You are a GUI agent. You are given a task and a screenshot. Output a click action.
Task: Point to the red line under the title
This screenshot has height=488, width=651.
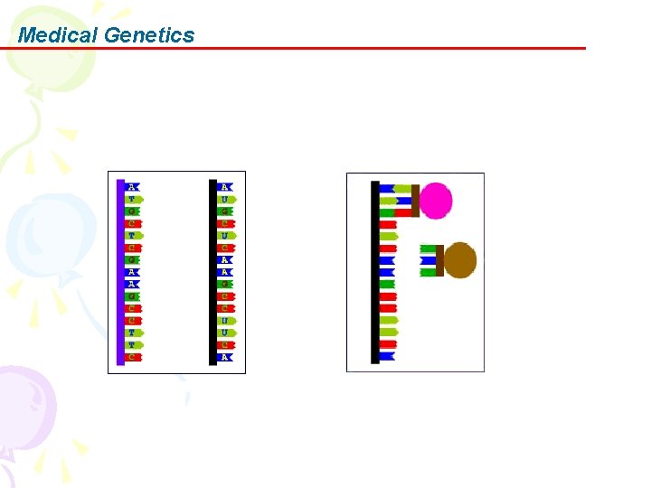click(362, 48)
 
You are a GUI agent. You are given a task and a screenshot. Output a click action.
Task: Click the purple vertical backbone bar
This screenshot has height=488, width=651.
click(120, 271)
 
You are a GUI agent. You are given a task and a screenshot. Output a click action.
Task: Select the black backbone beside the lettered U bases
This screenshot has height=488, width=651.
click(213, 271)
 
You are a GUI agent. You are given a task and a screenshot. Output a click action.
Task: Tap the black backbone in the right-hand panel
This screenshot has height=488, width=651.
click(375, 271)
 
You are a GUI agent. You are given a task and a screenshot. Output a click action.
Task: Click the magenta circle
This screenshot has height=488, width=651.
click(436, 201)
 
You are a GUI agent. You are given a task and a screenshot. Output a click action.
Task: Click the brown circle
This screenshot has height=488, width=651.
click(459, 260)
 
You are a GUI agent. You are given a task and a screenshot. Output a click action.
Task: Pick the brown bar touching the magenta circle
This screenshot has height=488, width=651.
click(415, 201)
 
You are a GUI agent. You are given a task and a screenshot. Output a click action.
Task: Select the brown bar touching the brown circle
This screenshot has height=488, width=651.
click(439, 260)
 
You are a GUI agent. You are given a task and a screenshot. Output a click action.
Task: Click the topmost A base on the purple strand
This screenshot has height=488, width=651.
click(133, 187)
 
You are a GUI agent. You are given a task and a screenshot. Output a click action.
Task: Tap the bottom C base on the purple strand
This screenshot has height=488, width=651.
click(133, 357)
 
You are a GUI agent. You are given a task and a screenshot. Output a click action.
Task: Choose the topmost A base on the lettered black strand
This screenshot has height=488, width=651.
click(225, 187)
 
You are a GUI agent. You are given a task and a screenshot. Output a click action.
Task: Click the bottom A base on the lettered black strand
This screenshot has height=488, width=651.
click(225, 357)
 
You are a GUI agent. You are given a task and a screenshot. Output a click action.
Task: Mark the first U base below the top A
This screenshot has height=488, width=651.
click(225, 199)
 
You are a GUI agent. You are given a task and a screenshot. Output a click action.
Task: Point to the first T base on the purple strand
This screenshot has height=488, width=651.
click(133, 199)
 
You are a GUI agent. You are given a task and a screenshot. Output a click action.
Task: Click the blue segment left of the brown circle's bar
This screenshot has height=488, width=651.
click(428, 260)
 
